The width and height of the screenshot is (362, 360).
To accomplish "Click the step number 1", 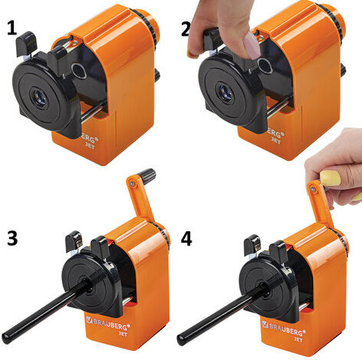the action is tap(11, 28).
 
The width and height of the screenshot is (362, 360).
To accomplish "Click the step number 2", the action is tap(186, 29).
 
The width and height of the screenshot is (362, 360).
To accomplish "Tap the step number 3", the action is tap(12, 238).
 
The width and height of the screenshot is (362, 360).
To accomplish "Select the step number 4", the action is tap(186, 239).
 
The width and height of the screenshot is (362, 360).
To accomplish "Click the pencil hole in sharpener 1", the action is tap(40, 98).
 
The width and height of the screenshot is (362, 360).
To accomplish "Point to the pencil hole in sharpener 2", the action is tap(225, 92).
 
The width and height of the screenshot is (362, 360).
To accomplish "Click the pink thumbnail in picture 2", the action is tap(250, 46).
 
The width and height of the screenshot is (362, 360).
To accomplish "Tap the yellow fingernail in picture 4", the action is tap(330, 178).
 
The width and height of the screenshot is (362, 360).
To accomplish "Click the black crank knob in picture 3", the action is tap(147, 175).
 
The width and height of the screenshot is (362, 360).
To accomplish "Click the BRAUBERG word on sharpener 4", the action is tap(286, 328).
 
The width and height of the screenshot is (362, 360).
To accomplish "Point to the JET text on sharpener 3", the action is tap(123, 334).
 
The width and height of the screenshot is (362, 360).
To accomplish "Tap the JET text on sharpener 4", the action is tap(299, 339).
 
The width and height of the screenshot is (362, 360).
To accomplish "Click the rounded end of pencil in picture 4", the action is tap(180, 340).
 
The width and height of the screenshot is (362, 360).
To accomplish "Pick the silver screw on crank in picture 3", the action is tap(132, 183).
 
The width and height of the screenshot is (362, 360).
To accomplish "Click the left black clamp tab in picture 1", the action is tap(27, 43).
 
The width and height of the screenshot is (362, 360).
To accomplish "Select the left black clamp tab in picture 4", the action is tap(252, 245).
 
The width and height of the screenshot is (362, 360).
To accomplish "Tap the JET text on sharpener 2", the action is tap(276, 140).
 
